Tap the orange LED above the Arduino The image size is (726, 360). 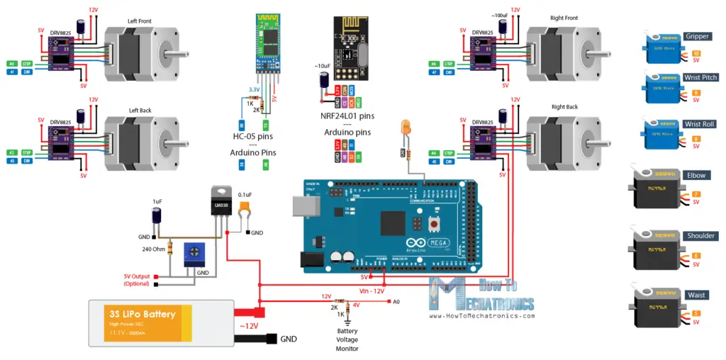[x=406, y=128]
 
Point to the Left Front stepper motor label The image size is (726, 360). [x=138, y=21]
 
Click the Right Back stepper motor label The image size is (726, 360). [x=564, y=107]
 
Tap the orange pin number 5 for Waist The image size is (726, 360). [x=696, y=313]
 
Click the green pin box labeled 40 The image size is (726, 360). [x=11, y=63]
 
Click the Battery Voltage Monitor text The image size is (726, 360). [x=347, y=339]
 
